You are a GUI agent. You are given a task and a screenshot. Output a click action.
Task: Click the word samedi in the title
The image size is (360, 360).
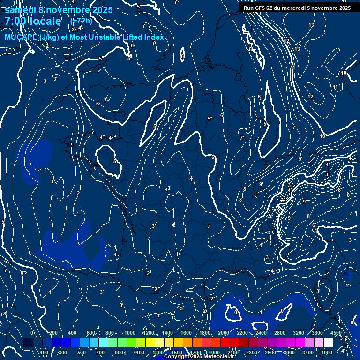[21, 10]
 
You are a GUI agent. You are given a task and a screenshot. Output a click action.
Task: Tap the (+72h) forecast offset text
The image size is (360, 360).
[81, 21]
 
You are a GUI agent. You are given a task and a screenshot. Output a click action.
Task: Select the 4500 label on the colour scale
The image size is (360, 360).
[336, 333]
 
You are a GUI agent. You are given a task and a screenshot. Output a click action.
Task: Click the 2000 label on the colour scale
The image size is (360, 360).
[224, 333]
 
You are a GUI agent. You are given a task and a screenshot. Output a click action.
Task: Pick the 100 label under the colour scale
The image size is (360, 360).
[44, 352]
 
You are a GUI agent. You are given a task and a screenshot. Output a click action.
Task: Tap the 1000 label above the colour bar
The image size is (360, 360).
[129, 333]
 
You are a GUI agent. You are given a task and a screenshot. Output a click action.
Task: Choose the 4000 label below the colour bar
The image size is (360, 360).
[327, 352]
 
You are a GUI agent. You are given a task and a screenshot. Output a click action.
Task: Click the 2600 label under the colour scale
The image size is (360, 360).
[270, 352]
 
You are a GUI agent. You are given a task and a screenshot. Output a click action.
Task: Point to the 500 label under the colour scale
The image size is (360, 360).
[82, 352]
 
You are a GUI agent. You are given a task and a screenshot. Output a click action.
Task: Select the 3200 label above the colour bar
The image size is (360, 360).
[299, 333]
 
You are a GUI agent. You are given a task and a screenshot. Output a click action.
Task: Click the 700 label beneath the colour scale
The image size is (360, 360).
[100, 352]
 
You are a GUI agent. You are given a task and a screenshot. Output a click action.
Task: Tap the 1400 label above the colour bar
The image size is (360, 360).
[167, 333]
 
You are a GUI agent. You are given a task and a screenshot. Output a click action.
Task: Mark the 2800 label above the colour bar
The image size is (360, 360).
[280, 333]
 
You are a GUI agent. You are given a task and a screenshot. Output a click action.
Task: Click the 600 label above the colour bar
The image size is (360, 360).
[91, 333]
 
